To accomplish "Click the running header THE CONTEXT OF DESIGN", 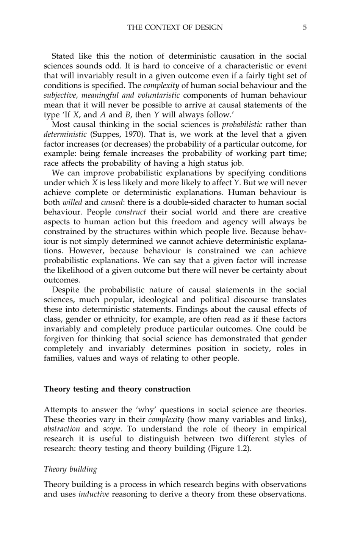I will coord(175,27).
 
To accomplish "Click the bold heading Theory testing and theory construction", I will coord(117,389).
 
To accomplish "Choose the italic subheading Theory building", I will coord(70,469).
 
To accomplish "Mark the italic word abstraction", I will coord(62,429).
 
